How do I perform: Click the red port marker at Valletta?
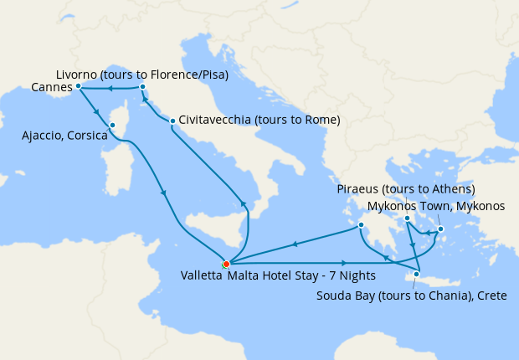point(226,264)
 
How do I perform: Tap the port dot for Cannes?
point(78,85)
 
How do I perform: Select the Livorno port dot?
point(143,86)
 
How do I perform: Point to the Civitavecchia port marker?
point(172,121)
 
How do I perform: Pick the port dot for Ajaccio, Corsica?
point(111,126)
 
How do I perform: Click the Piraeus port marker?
point(407,219)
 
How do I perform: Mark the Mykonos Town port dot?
point(440,228)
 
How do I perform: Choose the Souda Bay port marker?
point(416,274)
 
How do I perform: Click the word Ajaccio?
point(44,135)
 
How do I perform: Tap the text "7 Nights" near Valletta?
point(353,275)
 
